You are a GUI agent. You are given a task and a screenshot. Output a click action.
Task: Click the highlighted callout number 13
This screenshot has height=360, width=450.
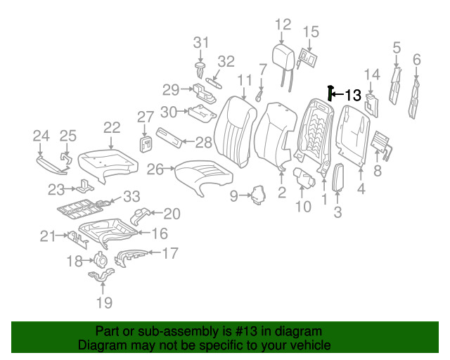coord(352,95)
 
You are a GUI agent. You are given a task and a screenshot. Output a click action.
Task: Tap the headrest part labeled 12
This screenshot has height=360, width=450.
coord(283,58)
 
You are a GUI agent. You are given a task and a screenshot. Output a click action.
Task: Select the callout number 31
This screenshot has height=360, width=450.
coord(201,42)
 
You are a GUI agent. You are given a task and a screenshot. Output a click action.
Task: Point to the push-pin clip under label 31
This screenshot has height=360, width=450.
coord(200,70)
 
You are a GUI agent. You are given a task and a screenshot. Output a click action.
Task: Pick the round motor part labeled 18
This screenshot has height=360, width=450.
coord(100,259)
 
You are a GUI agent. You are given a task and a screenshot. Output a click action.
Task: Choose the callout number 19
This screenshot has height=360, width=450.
coord(104,302)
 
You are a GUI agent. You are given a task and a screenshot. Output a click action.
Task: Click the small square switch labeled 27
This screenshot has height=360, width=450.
coord(146,144)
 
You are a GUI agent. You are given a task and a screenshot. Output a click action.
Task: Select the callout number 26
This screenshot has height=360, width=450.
coord(155,169)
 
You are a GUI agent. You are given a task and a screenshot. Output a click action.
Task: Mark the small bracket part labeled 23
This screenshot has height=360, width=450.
coord(84,186)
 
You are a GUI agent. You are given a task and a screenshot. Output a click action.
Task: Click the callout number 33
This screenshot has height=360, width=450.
coord(131,196)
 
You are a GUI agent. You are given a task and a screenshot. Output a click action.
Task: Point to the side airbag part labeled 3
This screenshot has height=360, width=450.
coord(338,177)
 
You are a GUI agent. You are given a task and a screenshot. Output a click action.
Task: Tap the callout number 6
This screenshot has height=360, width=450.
coord(417,60)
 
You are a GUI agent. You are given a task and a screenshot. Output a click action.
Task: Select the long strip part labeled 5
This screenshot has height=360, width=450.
coord(395,86)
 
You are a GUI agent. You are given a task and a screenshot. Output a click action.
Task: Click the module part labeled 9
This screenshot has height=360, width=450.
coord(259,195)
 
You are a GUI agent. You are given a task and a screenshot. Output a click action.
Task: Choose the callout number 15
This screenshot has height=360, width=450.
coord(311,32)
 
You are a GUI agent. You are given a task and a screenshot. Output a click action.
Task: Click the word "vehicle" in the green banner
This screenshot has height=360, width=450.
coord(314,345)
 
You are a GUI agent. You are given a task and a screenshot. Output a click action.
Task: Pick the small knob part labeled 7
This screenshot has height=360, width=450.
coord(259,96)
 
